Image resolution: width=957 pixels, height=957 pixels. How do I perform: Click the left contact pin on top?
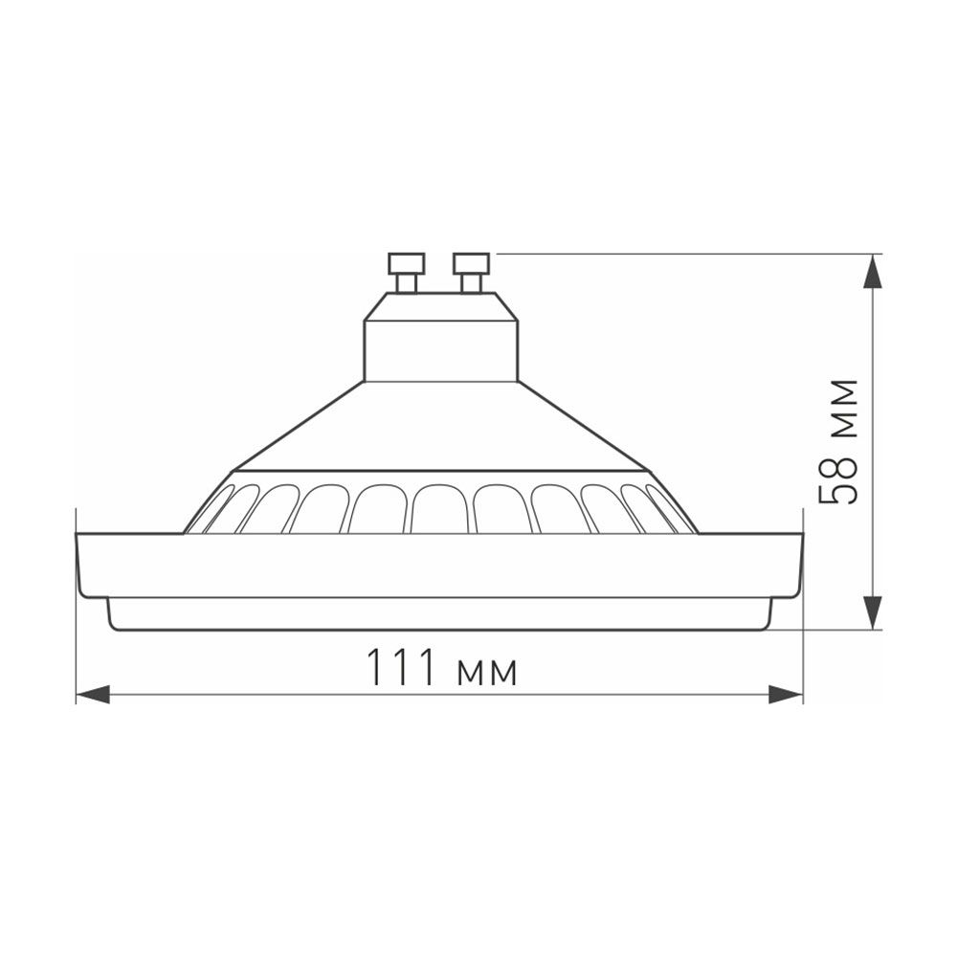[x=407, y=272]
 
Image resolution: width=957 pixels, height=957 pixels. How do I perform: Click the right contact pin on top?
[x=471, y=272]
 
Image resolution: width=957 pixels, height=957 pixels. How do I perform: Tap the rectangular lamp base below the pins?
[x=441, y=340]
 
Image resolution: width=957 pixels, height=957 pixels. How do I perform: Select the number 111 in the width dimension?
[x=401, y=668]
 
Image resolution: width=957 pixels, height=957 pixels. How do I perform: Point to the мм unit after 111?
[x=488, y=672]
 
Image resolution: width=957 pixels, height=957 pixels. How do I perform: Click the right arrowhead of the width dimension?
[x=786, y=695]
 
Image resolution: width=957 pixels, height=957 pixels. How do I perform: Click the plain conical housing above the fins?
[x=441, y=431]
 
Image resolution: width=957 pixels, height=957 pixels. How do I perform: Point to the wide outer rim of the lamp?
[x=439, y=565]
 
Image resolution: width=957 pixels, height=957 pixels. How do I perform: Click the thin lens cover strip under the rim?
[x=439, y=613]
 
